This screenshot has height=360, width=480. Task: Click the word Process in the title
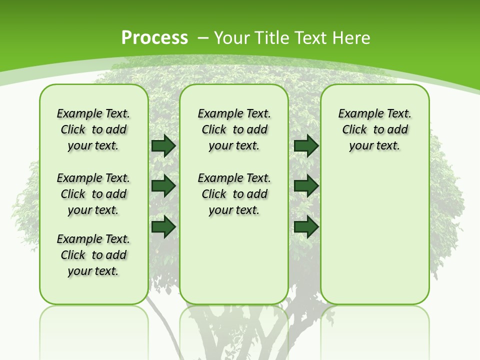pyautogui.click(x=154, y=37)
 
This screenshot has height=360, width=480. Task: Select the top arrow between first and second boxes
pyautogui.click(x=163, y=146)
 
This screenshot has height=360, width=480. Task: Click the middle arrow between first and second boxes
pyautogui.click(x=163, y=186)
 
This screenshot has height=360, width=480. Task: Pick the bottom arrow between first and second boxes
pyautogui.click(x=163, y=226)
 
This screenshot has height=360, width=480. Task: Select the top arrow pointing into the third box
pyautogui.click(x=306, y=146)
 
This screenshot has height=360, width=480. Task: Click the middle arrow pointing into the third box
pyautogui.click(x=306, y=186)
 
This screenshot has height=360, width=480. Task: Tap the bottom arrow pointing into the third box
pyautogui.click(x=306, y=226)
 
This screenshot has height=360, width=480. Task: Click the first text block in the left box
pyautogui.click(x=93, y=129)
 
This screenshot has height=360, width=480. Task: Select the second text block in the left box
pyautogui.click(x=93, y=194)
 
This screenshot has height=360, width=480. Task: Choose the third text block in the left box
pyautogui.click(x=93, y=255)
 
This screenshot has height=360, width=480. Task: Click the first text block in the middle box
pyautogui.click(x=234, y=129)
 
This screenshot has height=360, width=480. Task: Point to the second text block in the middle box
pyautogui.click(x=234, y=194)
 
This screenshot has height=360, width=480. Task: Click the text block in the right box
pyautogui.click(x=374, y=129)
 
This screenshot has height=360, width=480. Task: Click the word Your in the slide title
pyautogui.click(x=232, y=37)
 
